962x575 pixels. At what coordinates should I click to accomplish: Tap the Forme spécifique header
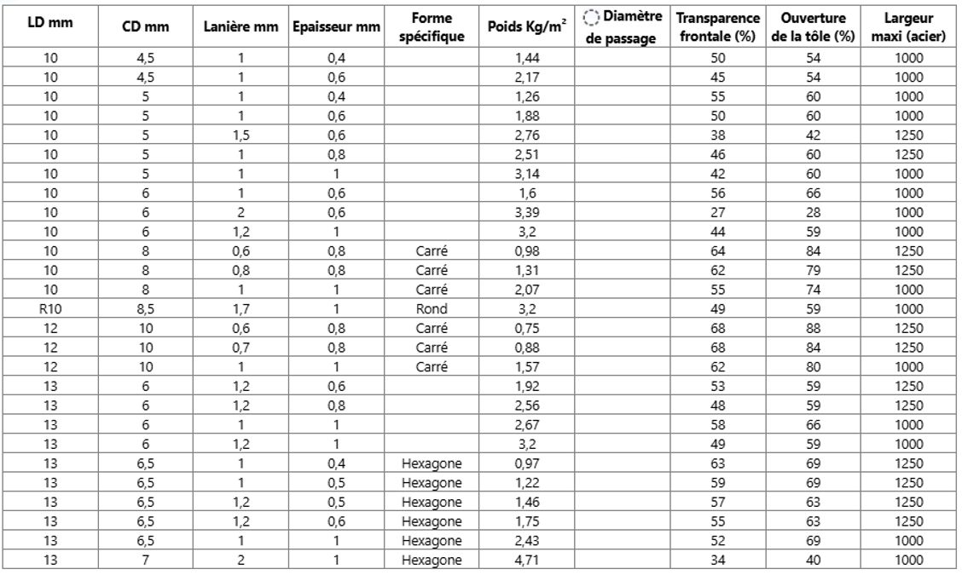coord(432,27)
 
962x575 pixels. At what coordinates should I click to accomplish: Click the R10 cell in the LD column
coord(50,308)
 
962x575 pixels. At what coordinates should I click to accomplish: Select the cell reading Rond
coord(432,308)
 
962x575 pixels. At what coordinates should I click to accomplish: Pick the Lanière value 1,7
coord(241,308)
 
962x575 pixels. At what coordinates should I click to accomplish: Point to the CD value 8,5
coord(146,308)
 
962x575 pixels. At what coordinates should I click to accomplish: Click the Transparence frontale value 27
coord(718,212)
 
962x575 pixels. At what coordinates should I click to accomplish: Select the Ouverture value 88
coord(813,328)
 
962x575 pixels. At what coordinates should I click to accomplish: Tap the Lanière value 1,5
coord(241,135)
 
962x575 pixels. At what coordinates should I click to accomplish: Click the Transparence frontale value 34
coord(718,560)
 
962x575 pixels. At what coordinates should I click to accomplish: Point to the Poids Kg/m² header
coord(527,27)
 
